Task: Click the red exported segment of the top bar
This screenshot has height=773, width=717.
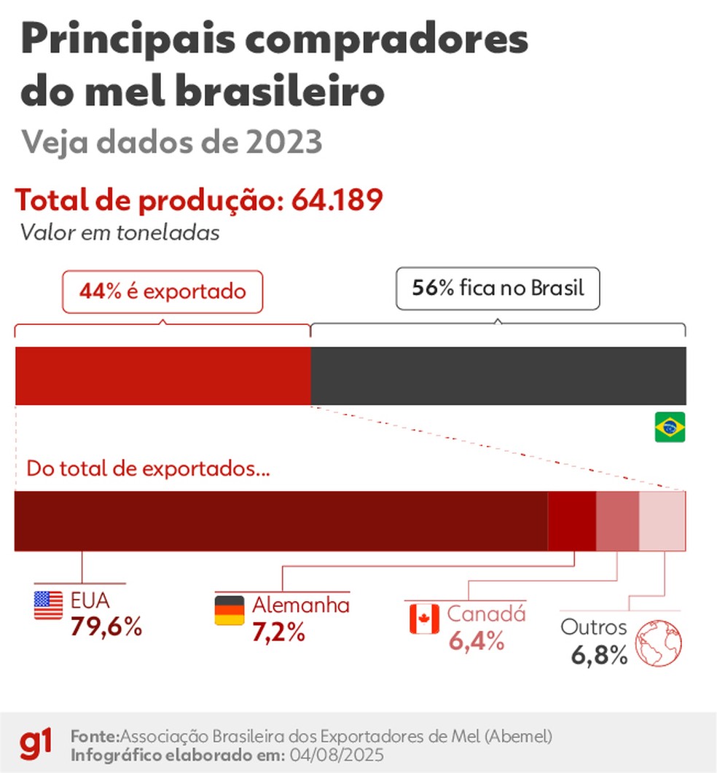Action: (x=162, y=376)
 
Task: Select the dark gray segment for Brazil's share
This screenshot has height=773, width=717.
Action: (x=498, y=376)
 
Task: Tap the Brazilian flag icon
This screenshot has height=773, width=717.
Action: (x=670, y=427)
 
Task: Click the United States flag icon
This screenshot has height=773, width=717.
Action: (x=48, y=605)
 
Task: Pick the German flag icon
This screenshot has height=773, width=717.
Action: (x=230, y=611)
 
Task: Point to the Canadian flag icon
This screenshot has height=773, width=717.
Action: (x=424, y=619)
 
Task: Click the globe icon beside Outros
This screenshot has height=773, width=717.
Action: (x=658, y=643)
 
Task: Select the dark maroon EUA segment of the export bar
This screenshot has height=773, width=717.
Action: (x=281, y=521)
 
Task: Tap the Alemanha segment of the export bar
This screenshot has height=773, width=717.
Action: (x=572, y=521)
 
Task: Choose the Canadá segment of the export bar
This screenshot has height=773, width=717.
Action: (x=617, y=521)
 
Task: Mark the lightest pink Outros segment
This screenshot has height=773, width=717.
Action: (x=662, y=521)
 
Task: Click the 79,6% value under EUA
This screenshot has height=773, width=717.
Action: (x=106, y=627)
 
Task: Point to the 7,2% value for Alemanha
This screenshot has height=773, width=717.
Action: (x=278, y=632)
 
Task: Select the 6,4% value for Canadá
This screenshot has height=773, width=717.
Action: (x=477, y=641)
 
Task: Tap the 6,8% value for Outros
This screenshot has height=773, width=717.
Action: (x=599, y=655)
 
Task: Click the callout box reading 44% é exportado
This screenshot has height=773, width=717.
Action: (x=162, y=291)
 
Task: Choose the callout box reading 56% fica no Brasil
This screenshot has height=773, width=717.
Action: (x=498, y=289)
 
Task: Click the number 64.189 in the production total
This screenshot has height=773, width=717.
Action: (x=337, y=200)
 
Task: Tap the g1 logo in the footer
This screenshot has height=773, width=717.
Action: (x=36, y=745)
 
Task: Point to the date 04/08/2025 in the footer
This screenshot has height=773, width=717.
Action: (x=337, y=756)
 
